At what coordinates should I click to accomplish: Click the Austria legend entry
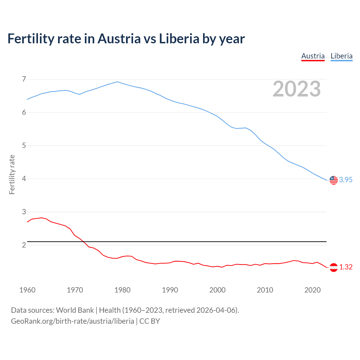313,56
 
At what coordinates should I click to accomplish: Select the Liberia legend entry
341,56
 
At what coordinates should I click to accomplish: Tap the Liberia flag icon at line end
334,180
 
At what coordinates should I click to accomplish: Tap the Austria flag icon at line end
334,267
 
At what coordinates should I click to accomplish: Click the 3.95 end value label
346,180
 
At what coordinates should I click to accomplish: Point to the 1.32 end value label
346,267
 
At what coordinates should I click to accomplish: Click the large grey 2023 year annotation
297,89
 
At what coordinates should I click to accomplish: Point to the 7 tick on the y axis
24,79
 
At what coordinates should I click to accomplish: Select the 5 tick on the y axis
24,146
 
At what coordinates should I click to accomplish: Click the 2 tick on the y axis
24,245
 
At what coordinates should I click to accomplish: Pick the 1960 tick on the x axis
27,290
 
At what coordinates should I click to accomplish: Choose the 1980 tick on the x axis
122,290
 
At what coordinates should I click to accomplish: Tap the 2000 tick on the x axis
217,290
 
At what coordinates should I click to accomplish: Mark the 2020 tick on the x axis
312,290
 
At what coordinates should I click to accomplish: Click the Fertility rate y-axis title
12,174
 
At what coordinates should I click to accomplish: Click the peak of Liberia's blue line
118,82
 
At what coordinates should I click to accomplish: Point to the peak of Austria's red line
41,218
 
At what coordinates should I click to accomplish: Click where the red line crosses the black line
84,242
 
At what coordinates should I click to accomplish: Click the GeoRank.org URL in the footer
72,321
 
